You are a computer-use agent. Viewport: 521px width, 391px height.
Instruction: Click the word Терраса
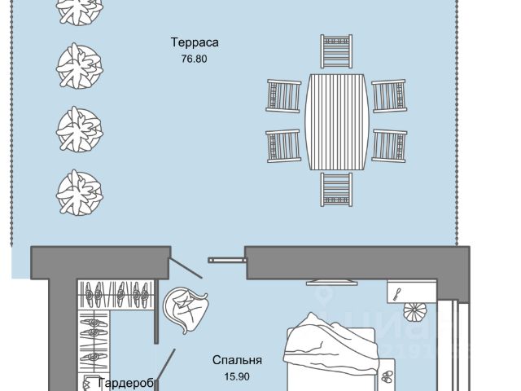196,42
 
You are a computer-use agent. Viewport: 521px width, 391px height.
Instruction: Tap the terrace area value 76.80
196,59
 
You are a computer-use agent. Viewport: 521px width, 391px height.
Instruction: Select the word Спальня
238,359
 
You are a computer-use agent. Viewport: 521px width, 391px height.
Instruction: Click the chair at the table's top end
337,53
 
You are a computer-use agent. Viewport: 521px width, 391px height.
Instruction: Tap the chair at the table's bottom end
337,188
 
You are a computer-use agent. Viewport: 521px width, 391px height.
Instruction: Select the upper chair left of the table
283,95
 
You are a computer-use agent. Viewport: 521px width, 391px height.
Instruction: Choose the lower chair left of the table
283,146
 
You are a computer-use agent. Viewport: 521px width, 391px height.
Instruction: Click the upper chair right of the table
389,95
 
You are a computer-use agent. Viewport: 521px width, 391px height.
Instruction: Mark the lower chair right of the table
389,146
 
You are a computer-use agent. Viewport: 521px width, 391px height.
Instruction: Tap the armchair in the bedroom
187,310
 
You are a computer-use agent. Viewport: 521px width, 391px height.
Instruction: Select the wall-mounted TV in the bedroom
330,281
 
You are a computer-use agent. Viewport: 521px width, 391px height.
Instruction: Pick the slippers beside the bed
386,376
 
